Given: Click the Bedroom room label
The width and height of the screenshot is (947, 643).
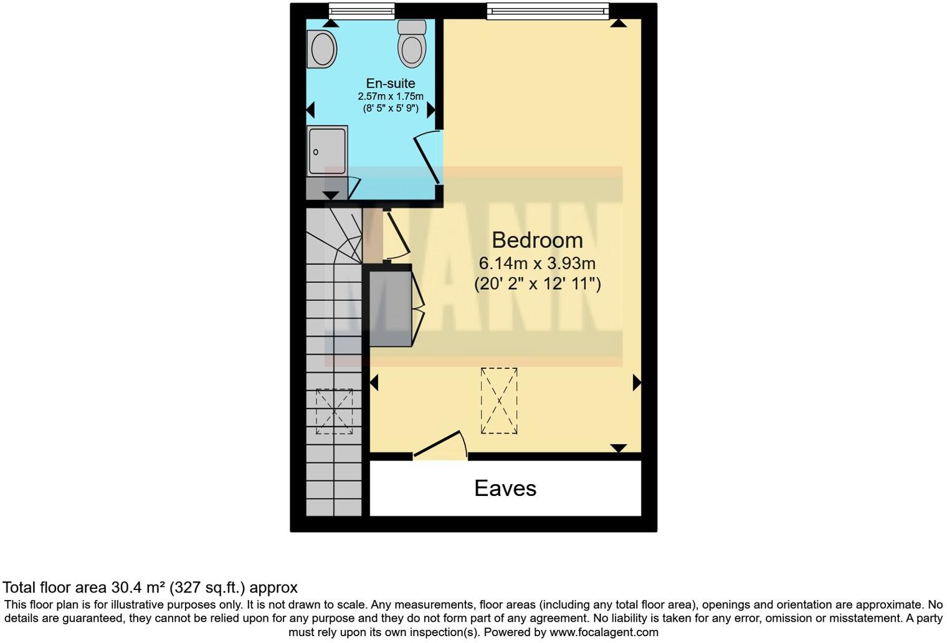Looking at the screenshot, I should click(x=537, y=240).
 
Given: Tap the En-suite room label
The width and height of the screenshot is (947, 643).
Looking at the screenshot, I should click(x=390, y=83).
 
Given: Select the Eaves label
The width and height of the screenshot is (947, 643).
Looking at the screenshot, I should click(x=505, y=488).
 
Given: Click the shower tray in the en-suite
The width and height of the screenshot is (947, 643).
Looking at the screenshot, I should click(x=327, y=151).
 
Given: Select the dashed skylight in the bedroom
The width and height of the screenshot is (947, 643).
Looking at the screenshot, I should click(x=498, y=401).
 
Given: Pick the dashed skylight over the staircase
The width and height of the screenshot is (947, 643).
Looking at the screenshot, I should click(x=334, y=411).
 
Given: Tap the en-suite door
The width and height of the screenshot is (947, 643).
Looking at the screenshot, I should click(x=427, y=158).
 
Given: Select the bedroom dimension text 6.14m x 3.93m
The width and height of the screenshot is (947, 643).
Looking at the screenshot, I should click(x=537, y=263).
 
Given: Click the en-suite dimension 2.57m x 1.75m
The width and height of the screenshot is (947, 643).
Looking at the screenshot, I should click(x=390, y=97).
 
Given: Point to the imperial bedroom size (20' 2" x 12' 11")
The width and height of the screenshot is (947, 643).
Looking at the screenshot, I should click(x=537, y=284).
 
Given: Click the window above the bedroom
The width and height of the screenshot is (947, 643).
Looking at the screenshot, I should click(x=547, y=9).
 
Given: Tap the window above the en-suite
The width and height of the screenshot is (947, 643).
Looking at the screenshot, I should click(x=361, y=9).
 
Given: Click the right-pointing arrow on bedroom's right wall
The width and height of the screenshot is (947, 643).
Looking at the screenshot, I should click(x=637, y=382).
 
